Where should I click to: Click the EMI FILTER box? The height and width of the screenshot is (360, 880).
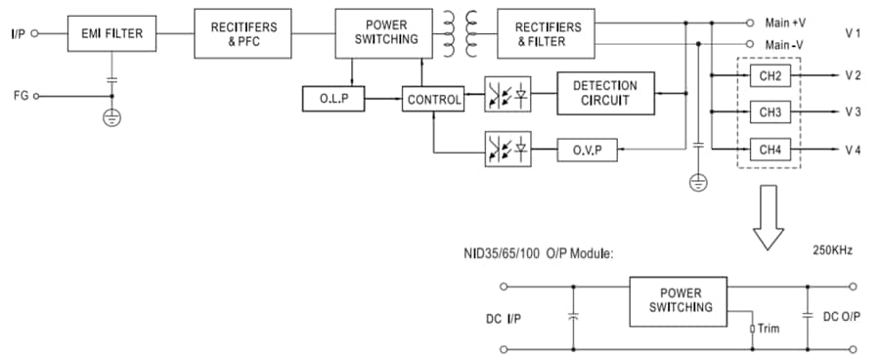(111, 34)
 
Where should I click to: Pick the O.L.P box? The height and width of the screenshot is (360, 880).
(334, 99)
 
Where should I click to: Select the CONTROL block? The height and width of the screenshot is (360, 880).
(433, 99)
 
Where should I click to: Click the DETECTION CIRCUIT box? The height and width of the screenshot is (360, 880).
(604, 93)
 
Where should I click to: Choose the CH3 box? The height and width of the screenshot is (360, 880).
(770, 112)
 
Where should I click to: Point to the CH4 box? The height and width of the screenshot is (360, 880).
(770, 149)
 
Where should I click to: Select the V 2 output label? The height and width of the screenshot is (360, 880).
(853, 75)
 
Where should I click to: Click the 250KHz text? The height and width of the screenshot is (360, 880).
(832, 250)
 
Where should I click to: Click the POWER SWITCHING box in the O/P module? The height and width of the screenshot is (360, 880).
(679, 300)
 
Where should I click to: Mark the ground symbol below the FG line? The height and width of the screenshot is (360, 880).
(111, 117)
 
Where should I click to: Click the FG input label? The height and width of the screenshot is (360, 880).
(20, 96)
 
